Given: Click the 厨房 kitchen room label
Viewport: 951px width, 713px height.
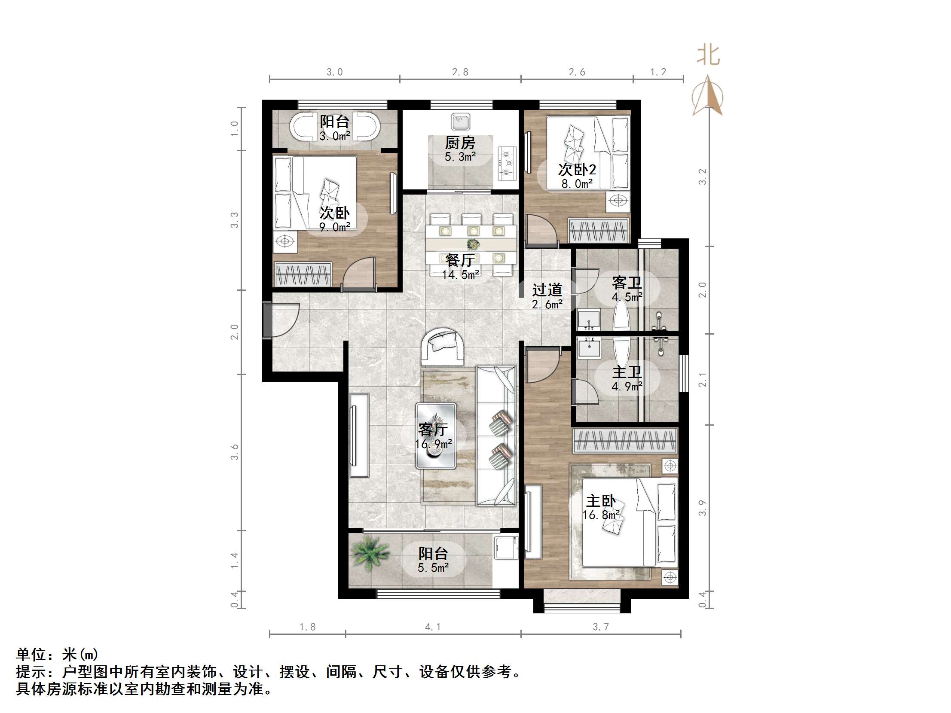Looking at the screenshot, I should (x=459, y=143).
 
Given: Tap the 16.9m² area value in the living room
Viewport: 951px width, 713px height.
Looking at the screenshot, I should (x=433, y=444).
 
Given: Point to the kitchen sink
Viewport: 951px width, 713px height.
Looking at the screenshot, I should (x=460, y=122).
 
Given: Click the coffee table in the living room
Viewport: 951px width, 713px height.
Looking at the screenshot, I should (x=435, y=435).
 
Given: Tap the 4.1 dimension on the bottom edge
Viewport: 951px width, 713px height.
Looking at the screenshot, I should (x=432, y=627).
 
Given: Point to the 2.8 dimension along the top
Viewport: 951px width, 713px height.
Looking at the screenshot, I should (x=460, y=72).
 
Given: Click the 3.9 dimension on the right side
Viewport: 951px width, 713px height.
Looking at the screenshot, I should (x=702, y=508).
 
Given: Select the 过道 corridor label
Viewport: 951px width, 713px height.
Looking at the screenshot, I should (x=547, y=290).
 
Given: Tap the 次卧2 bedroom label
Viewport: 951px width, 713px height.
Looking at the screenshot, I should (x=577, y=170).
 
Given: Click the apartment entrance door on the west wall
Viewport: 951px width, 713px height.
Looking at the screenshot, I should (x=267, y=320).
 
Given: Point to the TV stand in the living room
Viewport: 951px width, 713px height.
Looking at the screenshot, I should (x=358, y=435).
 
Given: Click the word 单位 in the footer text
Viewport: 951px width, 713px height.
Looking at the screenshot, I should (x=31, y=655).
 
